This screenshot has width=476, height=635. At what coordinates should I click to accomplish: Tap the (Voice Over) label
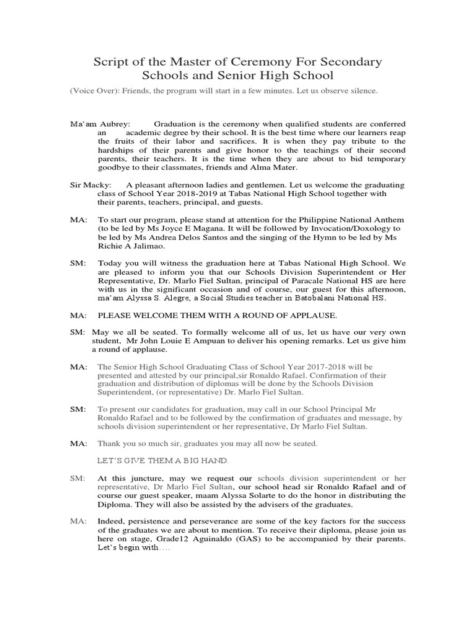coord(94,91)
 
